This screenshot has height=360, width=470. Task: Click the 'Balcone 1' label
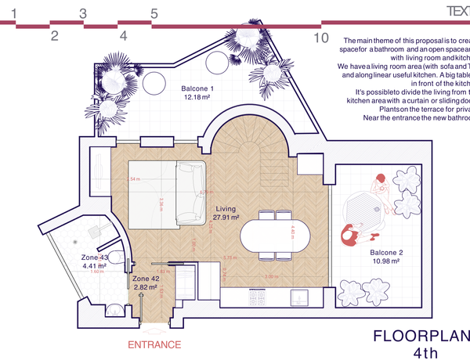197,88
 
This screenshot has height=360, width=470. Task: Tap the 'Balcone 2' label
386,252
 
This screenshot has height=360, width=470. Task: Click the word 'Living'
226,210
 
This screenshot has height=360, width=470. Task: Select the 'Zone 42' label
146,279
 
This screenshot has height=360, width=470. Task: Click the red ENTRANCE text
154,344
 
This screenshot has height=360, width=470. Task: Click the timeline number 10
320,37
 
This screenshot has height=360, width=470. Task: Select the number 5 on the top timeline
154,13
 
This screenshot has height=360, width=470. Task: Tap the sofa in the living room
190,193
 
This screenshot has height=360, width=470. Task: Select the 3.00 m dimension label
271,277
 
